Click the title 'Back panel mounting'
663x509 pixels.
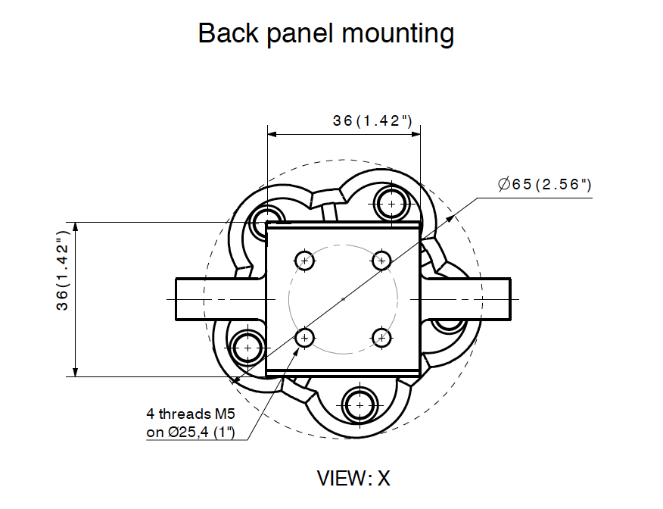[x=325, y=33]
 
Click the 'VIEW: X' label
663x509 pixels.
[x=353, y=478]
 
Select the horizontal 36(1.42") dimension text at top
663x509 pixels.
[x=372, y=120]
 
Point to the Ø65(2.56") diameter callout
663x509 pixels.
[x=544, y=185]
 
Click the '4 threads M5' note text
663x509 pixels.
[x=191, y=414]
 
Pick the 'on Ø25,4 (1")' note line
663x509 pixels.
[x=191, y=432]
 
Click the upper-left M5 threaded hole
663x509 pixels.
[x=304, y=261]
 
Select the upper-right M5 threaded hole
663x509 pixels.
[x=381, y=261]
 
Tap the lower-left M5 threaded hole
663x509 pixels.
[x=304, y=337]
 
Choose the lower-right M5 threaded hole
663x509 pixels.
[x=381, y=337]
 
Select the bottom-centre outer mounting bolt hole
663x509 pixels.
[x=360, y=405]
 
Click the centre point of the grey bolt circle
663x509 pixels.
[x=343, y=299]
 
